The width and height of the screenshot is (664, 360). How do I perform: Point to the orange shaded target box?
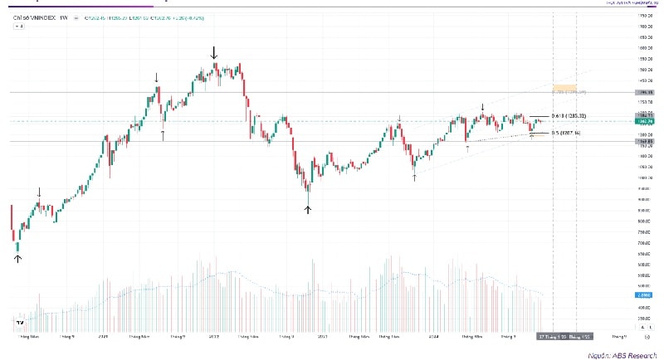pos(564,85)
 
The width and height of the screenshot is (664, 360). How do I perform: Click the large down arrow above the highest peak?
pos(214,53)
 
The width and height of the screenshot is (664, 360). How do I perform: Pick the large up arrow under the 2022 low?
pos(308,209)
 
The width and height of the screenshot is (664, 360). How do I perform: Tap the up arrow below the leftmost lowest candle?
pos(17,259)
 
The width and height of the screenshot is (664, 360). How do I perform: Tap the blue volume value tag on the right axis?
pos(642,294)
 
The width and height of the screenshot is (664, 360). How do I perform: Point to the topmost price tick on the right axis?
pos(642,16)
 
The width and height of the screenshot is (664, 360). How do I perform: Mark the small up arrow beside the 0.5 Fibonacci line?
pos(532,134)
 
